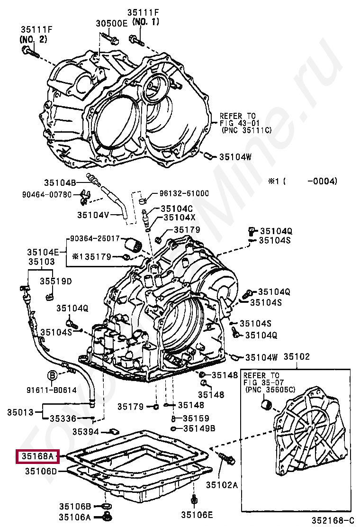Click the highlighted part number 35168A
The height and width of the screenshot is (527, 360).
(x=37, y=456)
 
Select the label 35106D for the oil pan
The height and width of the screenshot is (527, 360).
(x=41, y=471)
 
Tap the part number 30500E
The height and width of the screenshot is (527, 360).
(x=111, y=23)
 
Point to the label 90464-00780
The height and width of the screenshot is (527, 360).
(x=47, y=195)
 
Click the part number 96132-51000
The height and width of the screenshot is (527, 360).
(x=184, y=193)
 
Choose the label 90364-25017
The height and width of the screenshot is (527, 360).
(x=95, y=238)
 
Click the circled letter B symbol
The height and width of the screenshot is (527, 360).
(x=53, y=375)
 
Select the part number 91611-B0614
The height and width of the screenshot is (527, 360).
(x=51, y=390)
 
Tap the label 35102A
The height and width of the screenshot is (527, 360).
(x=222, y=484)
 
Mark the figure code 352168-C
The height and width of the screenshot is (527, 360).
(x=333, y=520)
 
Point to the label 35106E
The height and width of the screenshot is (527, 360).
(x=197, y=515)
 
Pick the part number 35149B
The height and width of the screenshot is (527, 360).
(x=199, y=428)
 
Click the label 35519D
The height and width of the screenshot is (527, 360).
(x=56, y=281)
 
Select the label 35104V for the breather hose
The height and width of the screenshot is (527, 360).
(x=93, y=215)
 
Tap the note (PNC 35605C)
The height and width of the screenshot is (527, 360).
(x=270, y=390)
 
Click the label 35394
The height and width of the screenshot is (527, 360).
(x=86, y=431)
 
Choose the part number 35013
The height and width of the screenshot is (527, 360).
(x=20, y=412)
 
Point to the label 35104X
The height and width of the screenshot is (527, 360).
(x=180, y=217)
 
